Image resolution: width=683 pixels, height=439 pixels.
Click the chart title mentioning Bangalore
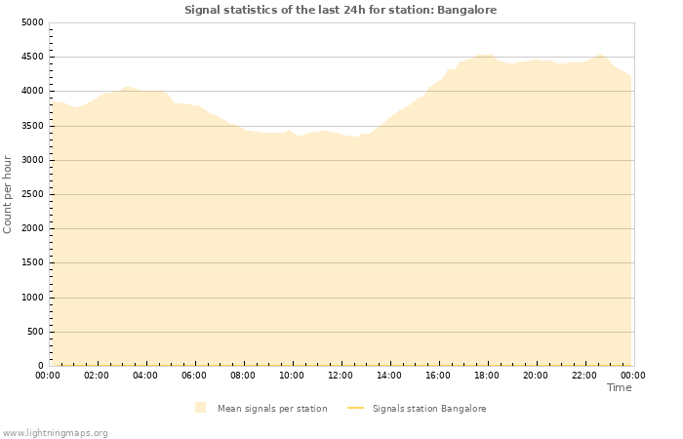pyautogui.click(x=341, y=10)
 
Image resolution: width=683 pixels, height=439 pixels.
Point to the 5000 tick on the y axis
pyautogui.click(x=32, y=22)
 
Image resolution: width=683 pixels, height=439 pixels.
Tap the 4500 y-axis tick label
pyautogui.click(x=32, y=57)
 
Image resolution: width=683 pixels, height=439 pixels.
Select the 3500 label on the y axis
pyautogui.click(x=32, y=126)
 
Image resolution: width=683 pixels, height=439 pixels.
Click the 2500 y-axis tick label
pyautogui.click(x=32, y=194)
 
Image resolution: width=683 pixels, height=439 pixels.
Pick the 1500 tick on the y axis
pyautogui.click(x=32, y=263)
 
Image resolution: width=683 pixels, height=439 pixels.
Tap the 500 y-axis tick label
pyautogui.click(x=35, y=332)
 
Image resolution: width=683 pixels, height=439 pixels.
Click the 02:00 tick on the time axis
pyautogui.click(x=97, y=375)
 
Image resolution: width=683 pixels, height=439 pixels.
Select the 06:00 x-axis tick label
pyautogui.click(x=194, y=375)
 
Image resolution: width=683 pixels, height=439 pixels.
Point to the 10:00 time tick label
pyautogui.click(x=292, y=375)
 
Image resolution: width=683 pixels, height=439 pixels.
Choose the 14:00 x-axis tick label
pyautogui.click(x=389, y=375)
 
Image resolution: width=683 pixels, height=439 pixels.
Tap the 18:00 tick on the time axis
pyautogui.click(x=487, y=375)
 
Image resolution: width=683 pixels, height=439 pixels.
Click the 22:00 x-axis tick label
pyautogui.click(x=584, y=375)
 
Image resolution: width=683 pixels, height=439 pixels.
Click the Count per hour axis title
pyautogui.click(x=8, y=194)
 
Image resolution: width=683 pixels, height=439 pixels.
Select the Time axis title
pyautogui.click(x=619, y=387)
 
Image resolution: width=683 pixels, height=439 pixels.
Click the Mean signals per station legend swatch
pyautogui.click(x=200, y=408)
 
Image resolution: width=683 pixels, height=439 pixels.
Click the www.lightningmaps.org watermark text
pyautogui.click(x=55, y=432)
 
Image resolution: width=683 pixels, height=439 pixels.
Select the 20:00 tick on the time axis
pyautogui.click(x=536, y=375)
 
